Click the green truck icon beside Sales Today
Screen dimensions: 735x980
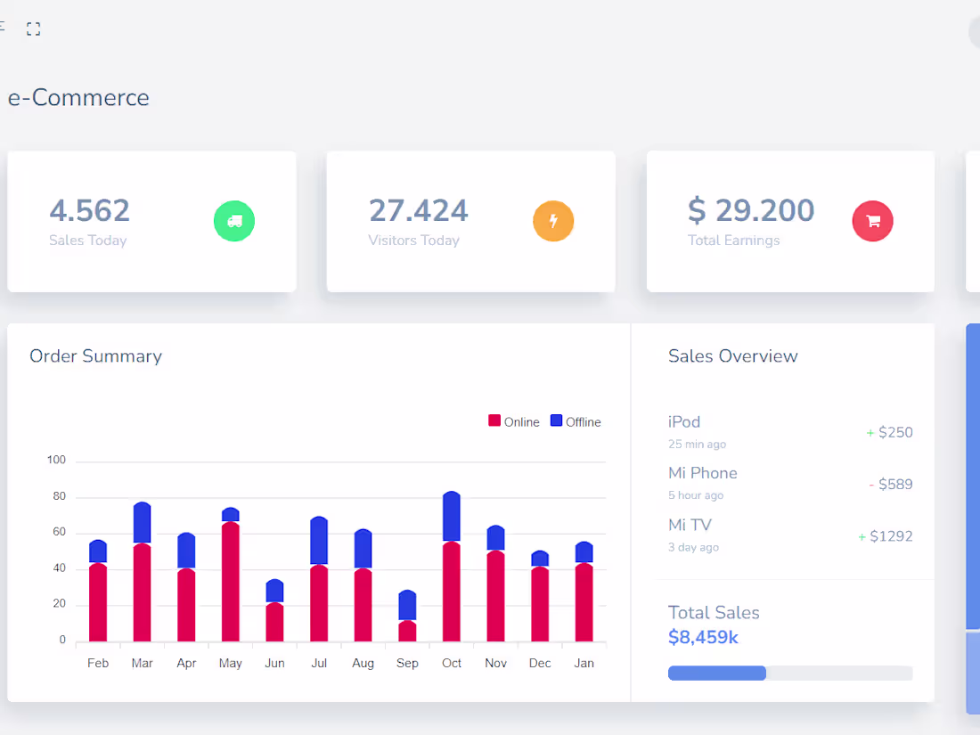pyautogui.click(x=234, y=221)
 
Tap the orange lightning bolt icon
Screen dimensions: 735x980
pyautogui.click(x=553, y=221)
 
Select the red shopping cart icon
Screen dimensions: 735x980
pyautogui.click(x=872, y=221)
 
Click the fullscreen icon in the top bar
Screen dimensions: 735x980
pyautogui.click(x=34, y=29)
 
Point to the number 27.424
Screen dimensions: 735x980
pyautogui.click(x=418, y=210)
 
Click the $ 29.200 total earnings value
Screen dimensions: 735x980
pyautogui.click(x=751, y=210)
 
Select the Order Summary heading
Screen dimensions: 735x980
pyautogui.click(x=95, y=356)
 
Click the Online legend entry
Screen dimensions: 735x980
pyautogui.click(x=514, y=421)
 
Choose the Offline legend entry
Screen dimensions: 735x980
pyautogui.click(x=576, y=421)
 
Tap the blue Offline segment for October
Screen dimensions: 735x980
pyautogui.click(x=452, y=517)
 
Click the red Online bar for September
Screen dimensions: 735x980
pyautogui.click(x=407, y=631)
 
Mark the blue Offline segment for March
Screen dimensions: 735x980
pyautogui.click(x=143, y=523)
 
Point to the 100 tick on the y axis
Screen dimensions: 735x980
pyautogui.click(x=57, y=461)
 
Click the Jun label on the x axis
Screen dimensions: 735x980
pyautogui.click(x=274, y=663)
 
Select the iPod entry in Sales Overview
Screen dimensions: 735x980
pyautogui.click(x=684, y=422)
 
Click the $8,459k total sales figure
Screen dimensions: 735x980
pyautogui.click(x=703, y=637)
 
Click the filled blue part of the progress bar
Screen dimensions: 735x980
pyautogui.click(x=717, y=674)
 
